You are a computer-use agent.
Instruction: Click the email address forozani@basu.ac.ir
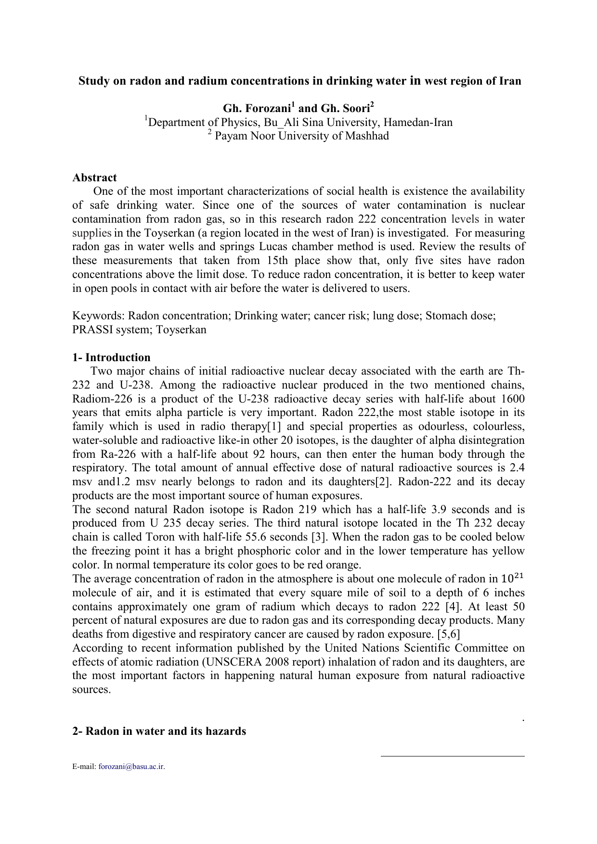click(131, 767)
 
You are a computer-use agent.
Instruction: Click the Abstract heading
click(94, 177)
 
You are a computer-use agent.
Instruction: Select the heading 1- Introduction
click(111, 357)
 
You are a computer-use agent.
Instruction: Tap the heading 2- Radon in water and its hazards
click(159, 731)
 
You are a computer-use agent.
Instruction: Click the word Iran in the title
click(510, 81)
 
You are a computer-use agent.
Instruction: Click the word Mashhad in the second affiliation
click(368, 136)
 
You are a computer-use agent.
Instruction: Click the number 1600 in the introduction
click(512, 399)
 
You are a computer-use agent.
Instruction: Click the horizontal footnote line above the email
click(452, 756)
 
